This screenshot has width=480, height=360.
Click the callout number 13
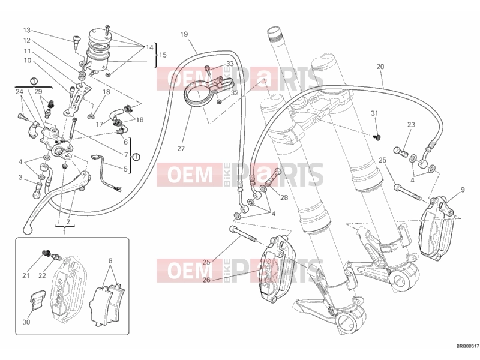[27, 31]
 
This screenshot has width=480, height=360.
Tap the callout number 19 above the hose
[184, 34]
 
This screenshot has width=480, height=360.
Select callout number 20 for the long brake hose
[380, 67]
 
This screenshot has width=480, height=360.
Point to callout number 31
[374, 113]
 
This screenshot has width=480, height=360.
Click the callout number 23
[411, 125]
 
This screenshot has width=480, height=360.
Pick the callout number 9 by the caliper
[462, 190]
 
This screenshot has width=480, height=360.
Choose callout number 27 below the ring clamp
[181, 148]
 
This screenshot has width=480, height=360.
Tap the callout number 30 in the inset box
[26, 322]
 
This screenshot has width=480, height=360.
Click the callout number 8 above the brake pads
[110, 261]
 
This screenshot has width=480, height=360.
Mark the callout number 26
[206, 280]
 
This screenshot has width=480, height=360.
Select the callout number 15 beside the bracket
[163, 55]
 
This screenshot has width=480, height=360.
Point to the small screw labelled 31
[377, 137]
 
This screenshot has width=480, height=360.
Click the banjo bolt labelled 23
[400, 151]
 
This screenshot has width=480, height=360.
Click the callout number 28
[284, 197]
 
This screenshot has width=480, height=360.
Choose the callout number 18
[106, 92]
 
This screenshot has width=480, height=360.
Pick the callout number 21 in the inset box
[26, 275]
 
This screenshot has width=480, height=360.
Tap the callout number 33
[230, 64]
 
